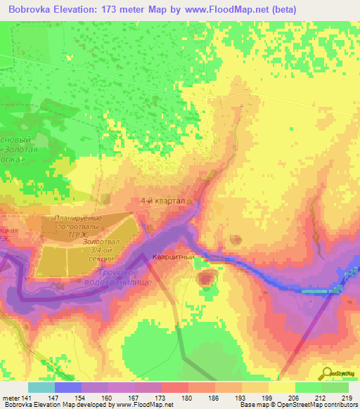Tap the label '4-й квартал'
[x=162, y=201]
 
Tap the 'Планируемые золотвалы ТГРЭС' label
[x=79, y=227]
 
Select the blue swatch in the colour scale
[x=67, y=387]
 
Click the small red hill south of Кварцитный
[x=206, y=279]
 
